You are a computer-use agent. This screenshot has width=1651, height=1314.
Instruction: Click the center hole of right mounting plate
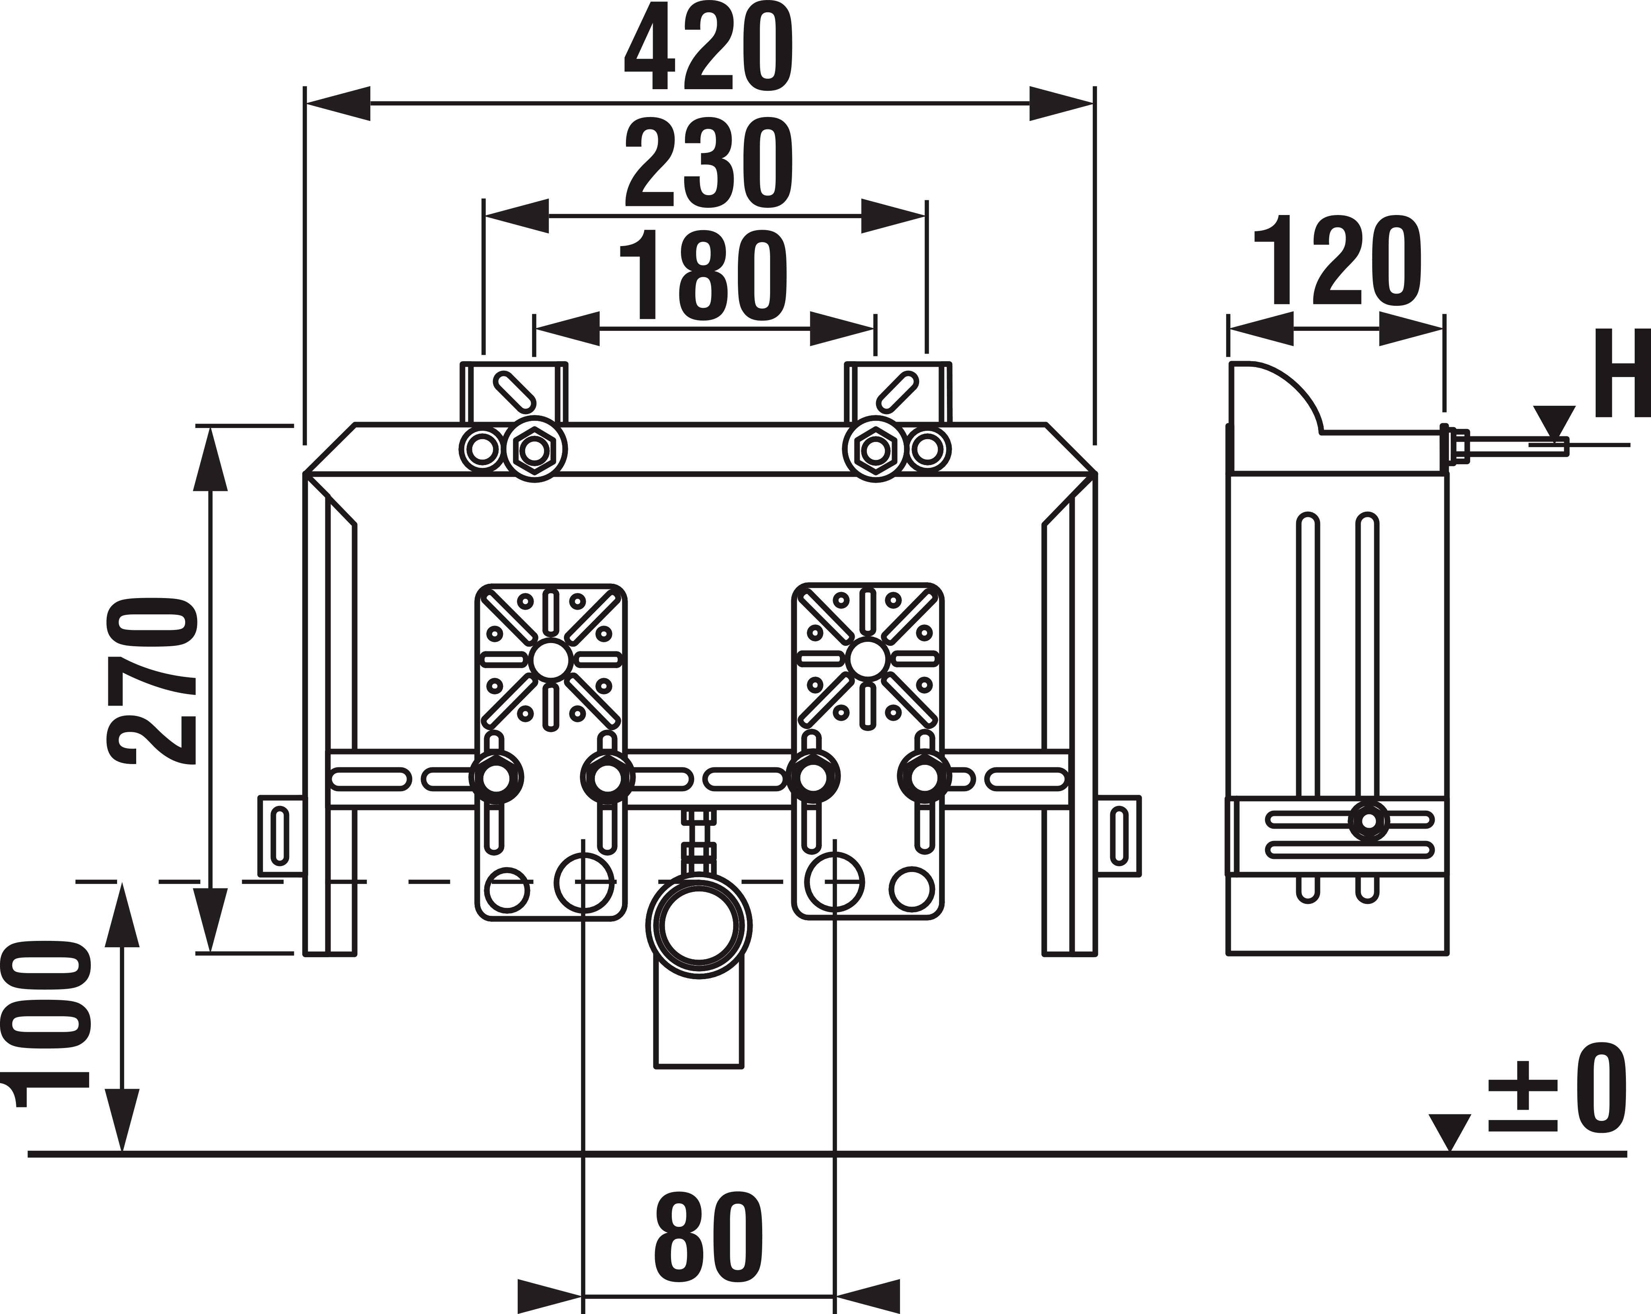(868, 659)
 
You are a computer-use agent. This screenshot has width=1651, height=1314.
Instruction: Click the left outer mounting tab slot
(280, 835)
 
